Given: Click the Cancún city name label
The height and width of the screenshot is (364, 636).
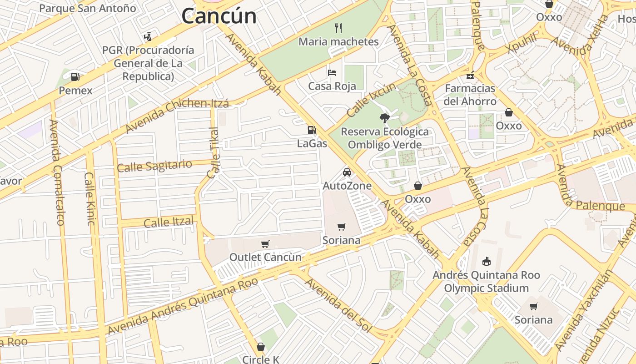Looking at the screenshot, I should [219, 16].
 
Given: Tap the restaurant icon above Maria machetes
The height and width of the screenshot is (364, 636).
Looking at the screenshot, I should [338, 28].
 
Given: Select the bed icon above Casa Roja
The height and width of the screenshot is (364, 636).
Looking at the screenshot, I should [332, 73].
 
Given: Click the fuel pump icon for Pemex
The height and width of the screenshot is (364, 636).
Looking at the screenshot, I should [75, 77].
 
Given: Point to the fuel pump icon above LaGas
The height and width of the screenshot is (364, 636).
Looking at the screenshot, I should [312, 130].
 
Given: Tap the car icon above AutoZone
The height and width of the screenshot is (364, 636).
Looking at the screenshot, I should [347, 172].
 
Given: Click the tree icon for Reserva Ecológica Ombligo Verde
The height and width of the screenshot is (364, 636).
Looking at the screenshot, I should [384, 118].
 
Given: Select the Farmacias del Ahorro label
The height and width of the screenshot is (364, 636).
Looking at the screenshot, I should [470, 95].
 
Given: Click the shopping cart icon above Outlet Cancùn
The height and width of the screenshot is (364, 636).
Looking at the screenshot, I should [265, 244].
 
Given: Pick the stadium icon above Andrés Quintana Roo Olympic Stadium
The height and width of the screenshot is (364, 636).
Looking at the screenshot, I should [486, 261].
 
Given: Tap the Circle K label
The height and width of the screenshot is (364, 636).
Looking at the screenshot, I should [261, 359].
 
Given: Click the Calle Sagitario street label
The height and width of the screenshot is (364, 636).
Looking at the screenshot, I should [154, 166].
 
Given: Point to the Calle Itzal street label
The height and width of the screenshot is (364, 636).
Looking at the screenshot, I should [169, 222].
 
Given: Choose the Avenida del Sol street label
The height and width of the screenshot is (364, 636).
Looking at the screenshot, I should [338, 304].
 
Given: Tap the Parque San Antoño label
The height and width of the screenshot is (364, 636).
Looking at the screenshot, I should [88, 8].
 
